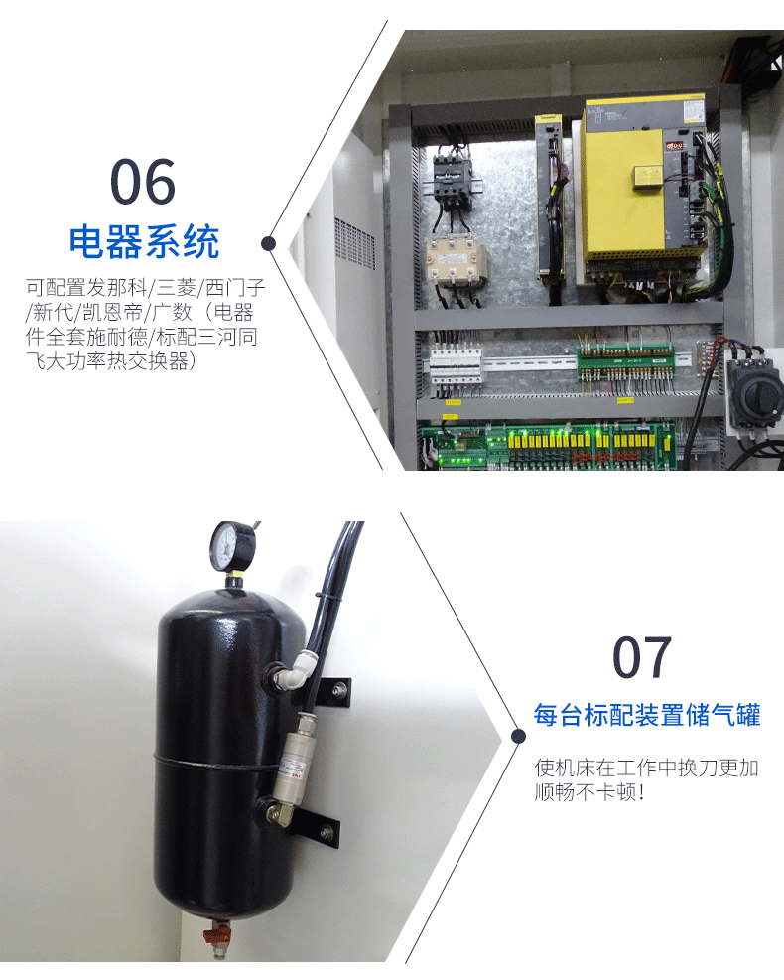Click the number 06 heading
pos(143,182)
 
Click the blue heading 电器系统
pos(144,242)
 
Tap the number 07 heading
pos(641,657)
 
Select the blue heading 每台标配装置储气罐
pos(647,715)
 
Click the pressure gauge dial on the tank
pos(232,546)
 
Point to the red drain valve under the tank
pos(216,935)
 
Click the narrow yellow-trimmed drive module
pos(549,198)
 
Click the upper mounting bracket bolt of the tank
pos(339,690)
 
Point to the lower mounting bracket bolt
pos(327,832)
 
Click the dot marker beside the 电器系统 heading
pos(269,243)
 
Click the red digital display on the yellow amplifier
pos(675,147)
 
